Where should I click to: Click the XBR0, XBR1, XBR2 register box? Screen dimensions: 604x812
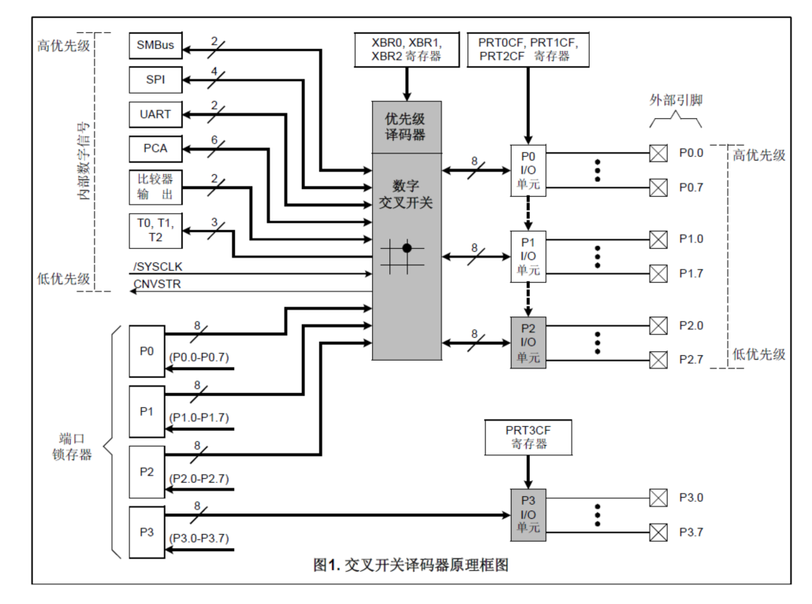click(x=407, y=49)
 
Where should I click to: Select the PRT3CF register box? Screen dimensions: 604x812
click(x=527, y=437)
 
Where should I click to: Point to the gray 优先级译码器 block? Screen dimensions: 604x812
click(x=407, y=127)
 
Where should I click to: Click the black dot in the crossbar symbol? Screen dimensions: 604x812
click(x=407, y=248)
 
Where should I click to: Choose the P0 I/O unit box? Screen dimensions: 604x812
click(x=527, y=170)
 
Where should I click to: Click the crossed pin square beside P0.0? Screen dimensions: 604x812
click(x=657, y=153)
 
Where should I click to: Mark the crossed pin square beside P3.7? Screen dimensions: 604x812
click(x=657, y=532)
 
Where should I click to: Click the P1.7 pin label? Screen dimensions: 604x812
click(x=691, y=274)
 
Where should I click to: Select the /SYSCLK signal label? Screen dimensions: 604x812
click(x=158, y=267)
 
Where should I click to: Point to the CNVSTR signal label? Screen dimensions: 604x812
click(x=157, y=283)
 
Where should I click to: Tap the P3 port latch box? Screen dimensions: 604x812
click(x=147, y=532)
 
